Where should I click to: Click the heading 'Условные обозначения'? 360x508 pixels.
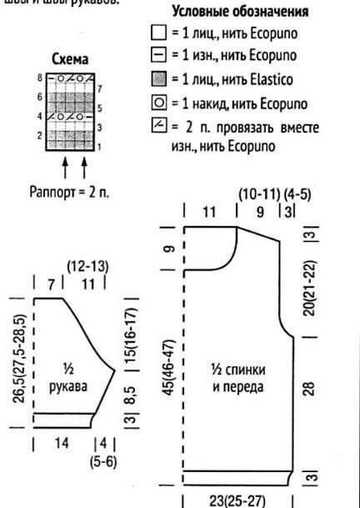click(x=240, y=13)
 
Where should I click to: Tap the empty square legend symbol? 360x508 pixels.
click(x=158, y=34)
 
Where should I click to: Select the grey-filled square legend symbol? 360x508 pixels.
click(x=158, y=81)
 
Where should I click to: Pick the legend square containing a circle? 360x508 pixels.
click(x=158, y=104)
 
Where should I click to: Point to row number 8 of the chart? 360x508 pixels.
click(x=39, y=77)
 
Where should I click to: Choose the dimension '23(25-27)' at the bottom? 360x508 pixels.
click(x=238, y=501)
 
